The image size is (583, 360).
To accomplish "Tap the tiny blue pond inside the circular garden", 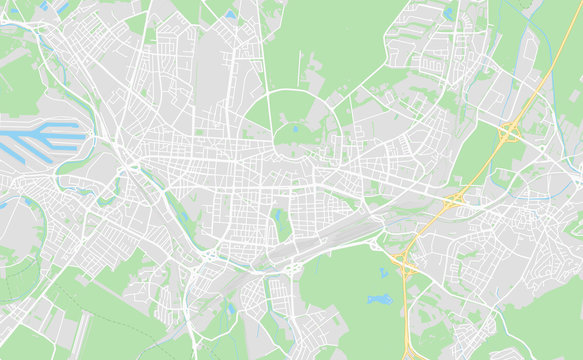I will click(x=294, y=127).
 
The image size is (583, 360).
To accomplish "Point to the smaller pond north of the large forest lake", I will click(x=383, y=271).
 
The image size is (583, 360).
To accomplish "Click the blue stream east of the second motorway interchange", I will click(x=520, y=196).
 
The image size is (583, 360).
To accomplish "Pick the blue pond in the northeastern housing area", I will click(x=449, y=15).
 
